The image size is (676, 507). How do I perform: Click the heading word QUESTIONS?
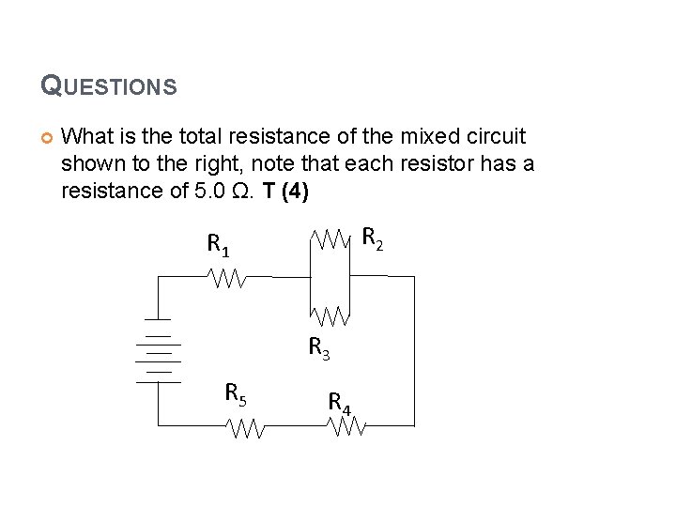coord(108,86)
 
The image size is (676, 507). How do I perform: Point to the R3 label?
coord(319,348)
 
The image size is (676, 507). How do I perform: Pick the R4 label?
coord(339,403)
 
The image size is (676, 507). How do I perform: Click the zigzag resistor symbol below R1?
coord(227,278)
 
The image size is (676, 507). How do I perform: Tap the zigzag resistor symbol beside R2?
coord(330,240)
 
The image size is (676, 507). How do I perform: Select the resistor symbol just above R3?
coord(330,315)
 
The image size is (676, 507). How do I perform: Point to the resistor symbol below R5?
coord(248,429)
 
